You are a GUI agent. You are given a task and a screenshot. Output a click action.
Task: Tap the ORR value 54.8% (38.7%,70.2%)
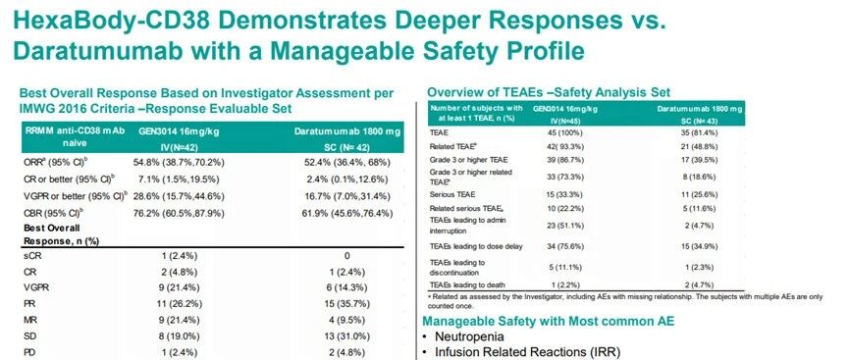point(179,163)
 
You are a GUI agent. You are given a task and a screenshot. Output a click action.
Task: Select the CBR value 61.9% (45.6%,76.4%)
point(347,213)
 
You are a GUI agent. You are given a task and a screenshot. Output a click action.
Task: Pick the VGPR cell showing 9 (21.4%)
point(179,287)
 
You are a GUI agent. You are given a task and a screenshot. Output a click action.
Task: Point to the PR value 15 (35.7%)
point(347,304)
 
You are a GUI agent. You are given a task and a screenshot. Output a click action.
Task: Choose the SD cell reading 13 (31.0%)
point(347,335)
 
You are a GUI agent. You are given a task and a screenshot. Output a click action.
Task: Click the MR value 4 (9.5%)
point(347,320)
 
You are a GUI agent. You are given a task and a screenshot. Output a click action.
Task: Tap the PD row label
point(29,352)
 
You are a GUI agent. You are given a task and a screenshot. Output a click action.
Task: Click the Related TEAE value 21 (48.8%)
point(700,146)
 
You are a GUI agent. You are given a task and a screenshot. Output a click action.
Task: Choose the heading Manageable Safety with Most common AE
point(548,321)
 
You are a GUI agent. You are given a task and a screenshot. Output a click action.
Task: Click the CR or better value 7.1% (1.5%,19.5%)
point(179,180)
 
